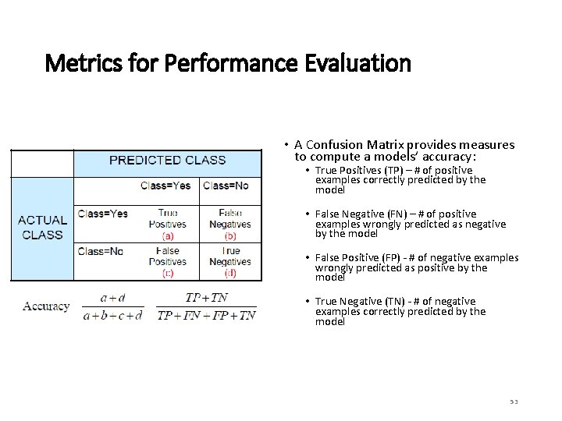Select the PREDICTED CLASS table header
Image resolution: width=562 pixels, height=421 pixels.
(167, 161)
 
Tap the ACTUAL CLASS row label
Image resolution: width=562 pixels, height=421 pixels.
(42, 227)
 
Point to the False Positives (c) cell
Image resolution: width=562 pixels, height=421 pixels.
(168, 261)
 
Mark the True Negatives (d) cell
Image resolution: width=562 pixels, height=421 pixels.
(230, 261)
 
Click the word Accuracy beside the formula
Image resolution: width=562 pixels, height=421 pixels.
(46, 306)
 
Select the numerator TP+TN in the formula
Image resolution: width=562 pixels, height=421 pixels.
(206, 298)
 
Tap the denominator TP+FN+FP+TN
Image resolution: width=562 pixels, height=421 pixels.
(206, 316)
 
